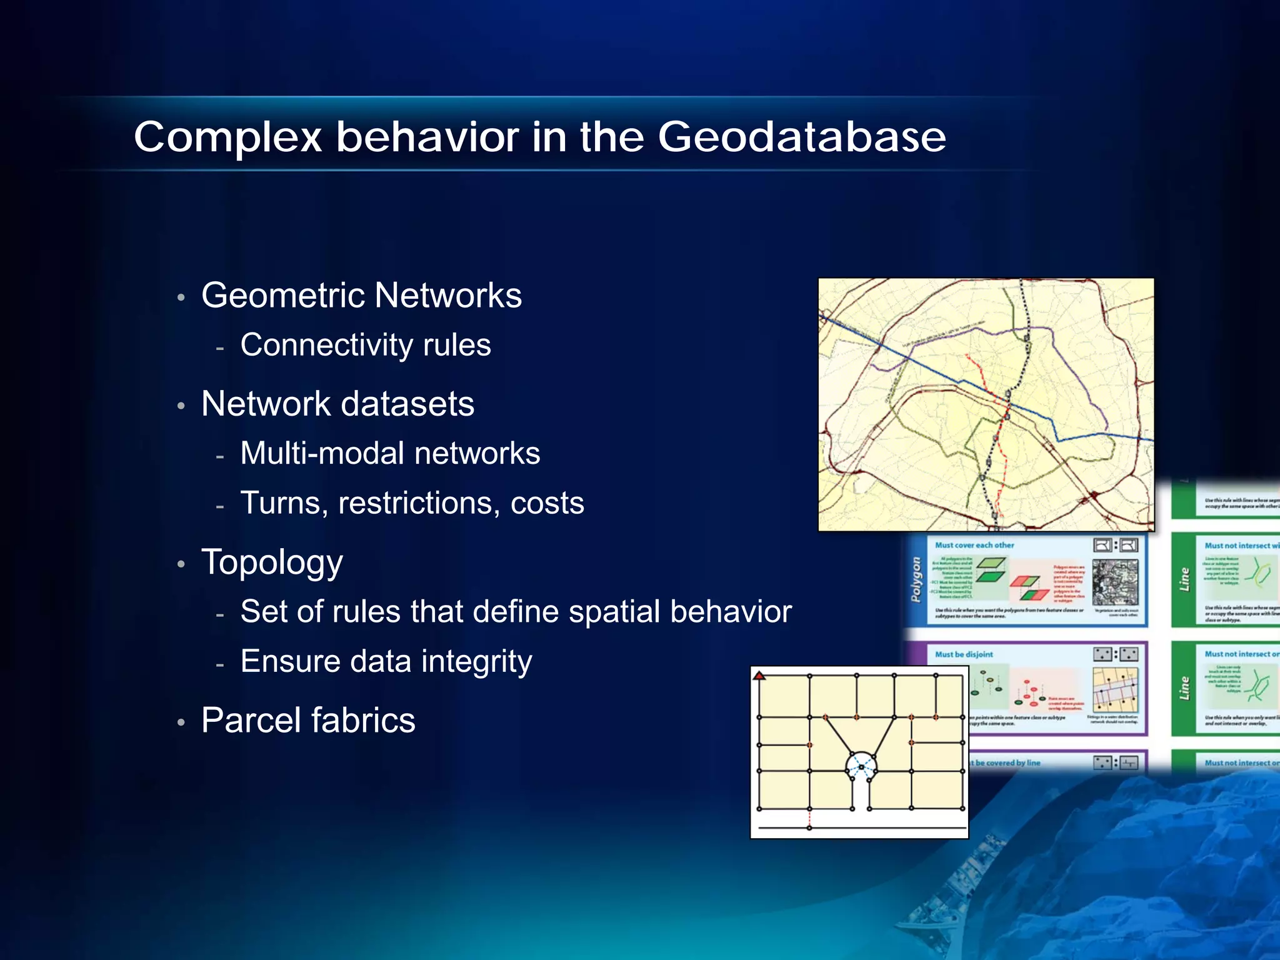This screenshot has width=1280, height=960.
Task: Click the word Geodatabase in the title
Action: [x=802, y=137]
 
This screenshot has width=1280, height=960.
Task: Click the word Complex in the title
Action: [x=227, y=138]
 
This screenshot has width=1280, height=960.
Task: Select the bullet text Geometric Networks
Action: [x=361, y=295]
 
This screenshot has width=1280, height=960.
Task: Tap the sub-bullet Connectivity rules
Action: [x=366, y=345]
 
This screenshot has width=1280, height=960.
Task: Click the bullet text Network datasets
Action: [x=337, y=404]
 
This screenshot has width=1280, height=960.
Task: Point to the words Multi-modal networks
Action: [x=390, y=453]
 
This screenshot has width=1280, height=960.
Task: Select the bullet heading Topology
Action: [x=272, y=562]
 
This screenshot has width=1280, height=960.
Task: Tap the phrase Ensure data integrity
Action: [x=386, y=661]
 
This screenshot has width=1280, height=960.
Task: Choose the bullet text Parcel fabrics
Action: [x=308, y=720]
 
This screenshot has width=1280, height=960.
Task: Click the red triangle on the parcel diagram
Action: [x=759, y=676]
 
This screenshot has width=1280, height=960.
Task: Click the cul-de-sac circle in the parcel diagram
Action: [x=861, y=766]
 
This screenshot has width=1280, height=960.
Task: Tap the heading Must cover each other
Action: [x=974, y=545]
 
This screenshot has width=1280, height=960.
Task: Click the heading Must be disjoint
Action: [x=964, y=654]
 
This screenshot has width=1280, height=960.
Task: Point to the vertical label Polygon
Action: [x=916, y=579]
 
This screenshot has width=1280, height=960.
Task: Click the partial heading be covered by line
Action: [x=1007, y=762]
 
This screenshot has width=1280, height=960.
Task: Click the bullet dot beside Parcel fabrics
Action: [x=181, y=722]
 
